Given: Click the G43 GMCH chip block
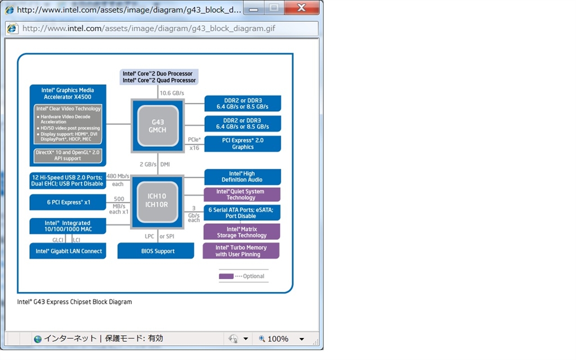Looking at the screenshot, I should [157, 125].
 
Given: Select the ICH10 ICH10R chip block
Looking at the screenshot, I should [157, 201].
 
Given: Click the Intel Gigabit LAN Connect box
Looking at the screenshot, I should [68, 251].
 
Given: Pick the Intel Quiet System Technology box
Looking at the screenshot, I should [241, 195].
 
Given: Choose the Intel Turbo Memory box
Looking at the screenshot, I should [241, 251].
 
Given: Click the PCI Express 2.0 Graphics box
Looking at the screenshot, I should [242, 143].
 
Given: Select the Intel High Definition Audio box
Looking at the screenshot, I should [242, 177].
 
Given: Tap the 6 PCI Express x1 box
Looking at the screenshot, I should [68, 202].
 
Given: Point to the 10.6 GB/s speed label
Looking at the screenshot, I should [172, 93].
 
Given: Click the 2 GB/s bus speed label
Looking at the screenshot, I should [149, 164].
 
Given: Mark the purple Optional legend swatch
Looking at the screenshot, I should [226, 276].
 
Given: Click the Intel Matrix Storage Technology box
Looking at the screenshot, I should [241, 232].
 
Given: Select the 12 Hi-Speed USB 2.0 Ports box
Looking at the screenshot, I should [68, 180].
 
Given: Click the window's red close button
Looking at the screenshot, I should [302, 8].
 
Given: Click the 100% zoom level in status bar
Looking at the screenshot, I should [277, 339].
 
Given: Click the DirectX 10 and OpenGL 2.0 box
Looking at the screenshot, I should [68, 155].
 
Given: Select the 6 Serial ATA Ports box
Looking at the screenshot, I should [241, 213].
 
